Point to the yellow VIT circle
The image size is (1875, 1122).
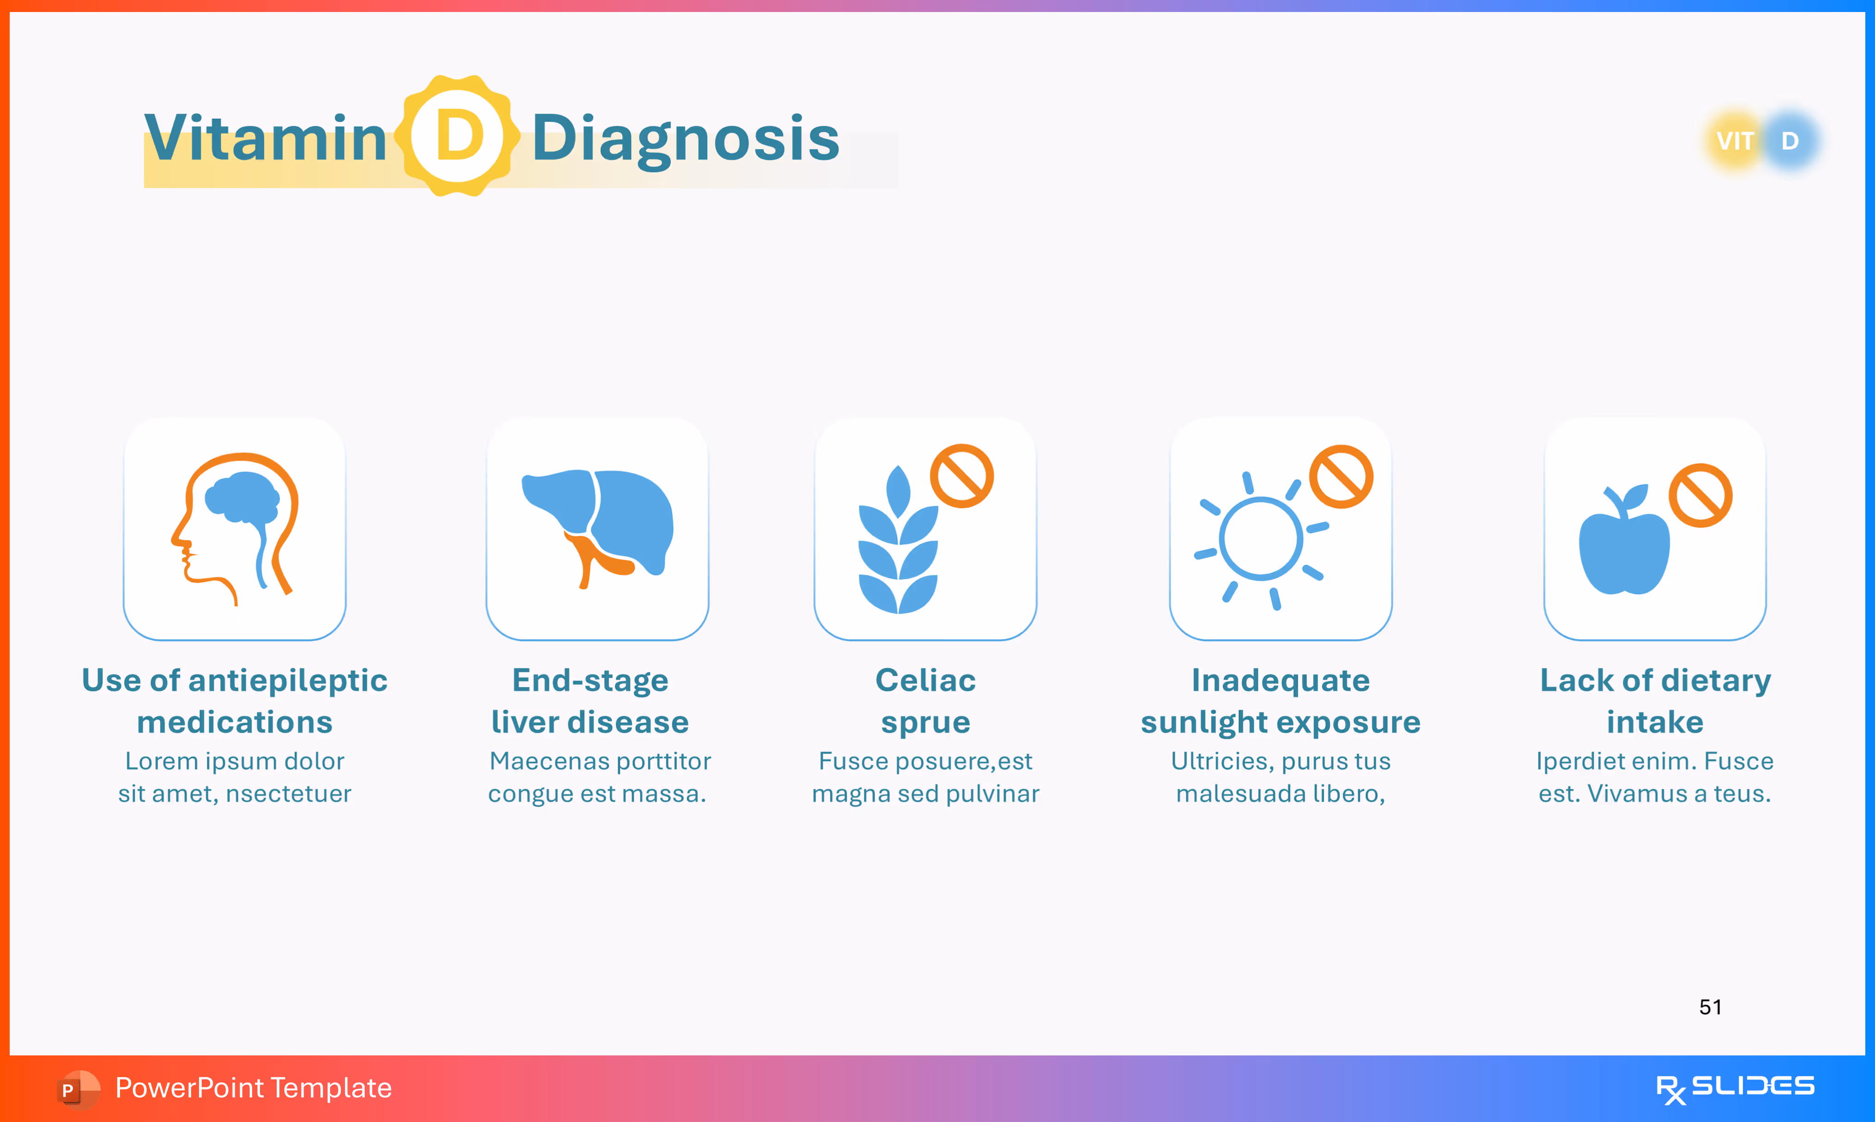click(1735, 141)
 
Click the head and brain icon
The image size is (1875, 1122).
click(235, 527)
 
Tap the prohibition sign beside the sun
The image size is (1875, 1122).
click(1341, 477)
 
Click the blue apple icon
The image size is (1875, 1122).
click(1624, 546)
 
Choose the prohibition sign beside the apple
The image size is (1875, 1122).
click(1700, 496)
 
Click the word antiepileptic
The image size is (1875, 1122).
click(287, 681)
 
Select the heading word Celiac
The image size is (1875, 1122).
click(925, 681)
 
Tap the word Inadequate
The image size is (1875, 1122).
click(1281, 681)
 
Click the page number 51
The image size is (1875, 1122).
click(1710, 1007)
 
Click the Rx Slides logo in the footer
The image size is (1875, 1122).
click(1735, 1088)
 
